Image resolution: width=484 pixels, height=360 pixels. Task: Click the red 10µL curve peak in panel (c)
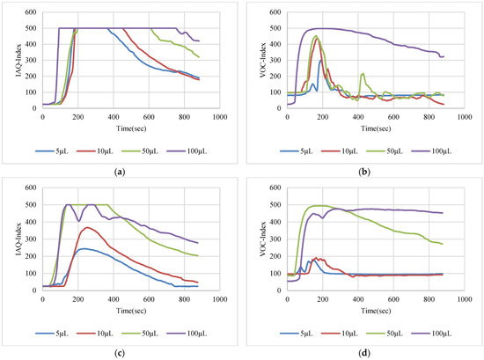pyautogui.click(x=86, y=227)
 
